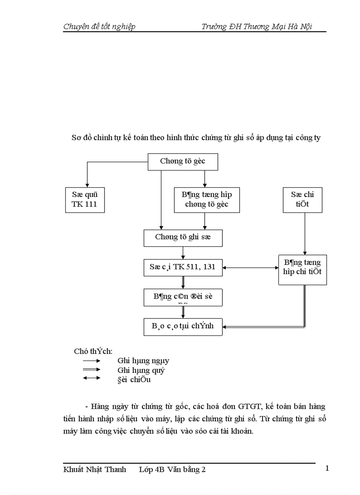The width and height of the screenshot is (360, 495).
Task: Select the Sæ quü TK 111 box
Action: click(x=84, y=200)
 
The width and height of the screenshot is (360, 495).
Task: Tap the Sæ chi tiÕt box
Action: click(x=303, y=200)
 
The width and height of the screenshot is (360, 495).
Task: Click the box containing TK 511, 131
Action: click(x=183, y=267)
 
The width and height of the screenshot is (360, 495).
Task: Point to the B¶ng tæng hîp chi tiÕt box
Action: click(x=302, y=267)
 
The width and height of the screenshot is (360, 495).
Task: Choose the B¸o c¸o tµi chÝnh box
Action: click(x=183, y=326)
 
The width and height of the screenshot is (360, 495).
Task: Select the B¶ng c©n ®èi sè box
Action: click(x=183, y=297)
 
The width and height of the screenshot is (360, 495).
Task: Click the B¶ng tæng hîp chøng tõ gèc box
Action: click(x=206, y=200)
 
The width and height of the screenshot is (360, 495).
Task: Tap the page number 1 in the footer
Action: click(x=327, y=468)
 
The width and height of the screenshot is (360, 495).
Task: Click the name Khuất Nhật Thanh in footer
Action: click(x=94, y=469)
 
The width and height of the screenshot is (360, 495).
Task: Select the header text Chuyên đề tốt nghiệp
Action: click(x=99, y=26)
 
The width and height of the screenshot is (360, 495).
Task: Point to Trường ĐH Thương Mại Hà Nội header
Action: click(x=257, y=26)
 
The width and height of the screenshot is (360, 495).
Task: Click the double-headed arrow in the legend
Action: click(x=92, y=378)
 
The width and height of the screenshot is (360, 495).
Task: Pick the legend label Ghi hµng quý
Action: click(x=141, y=370)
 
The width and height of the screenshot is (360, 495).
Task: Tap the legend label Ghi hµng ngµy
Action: click(x=143, y=361)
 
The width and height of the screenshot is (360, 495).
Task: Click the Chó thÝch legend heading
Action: click(x=93, y=351)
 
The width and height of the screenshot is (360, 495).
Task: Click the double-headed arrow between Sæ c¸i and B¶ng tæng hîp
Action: click(x=250, y=267)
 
